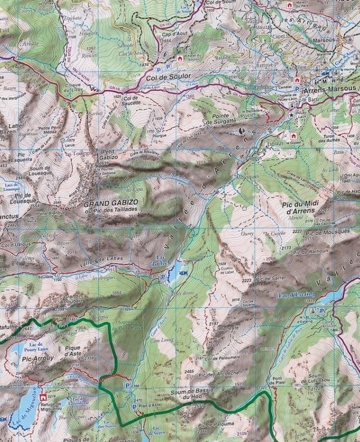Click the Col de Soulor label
point(169,76)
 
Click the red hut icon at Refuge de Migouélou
point(43,399)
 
